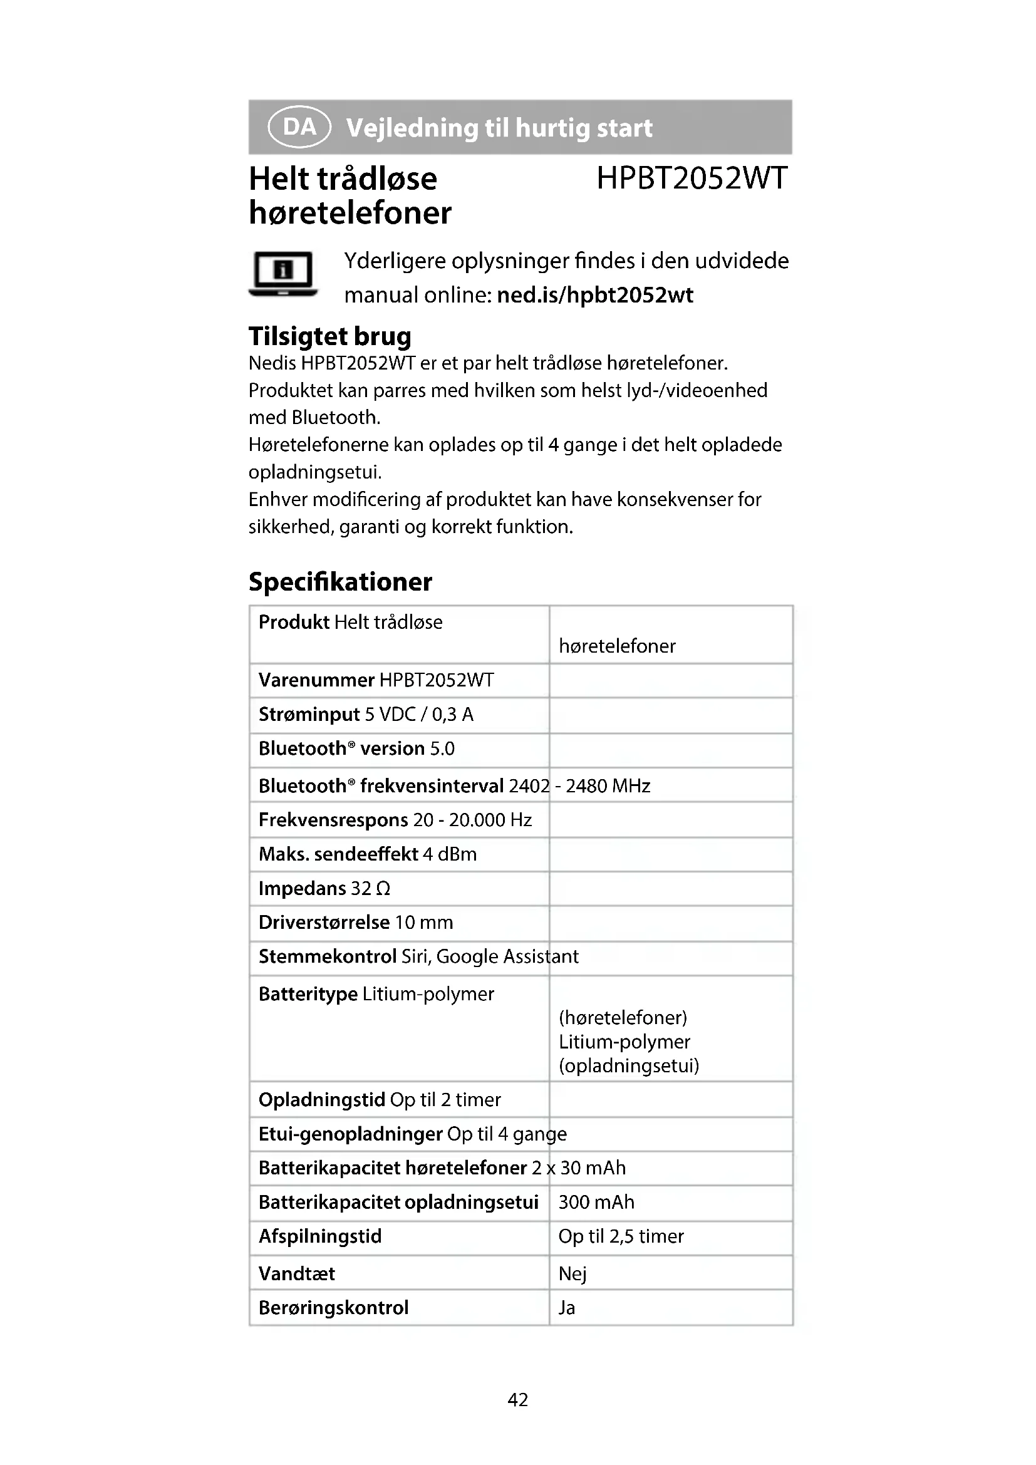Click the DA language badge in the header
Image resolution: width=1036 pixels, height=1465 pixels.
(x=299, y=127)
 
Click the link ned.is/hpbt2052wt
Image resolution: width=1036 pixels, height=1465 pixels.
(x=594, y=296)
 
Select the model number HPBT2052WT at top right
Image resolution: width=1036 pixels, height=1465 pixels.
(x=692, y=178)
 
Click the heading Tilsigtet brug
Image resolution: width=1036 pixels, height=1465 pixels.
(x=330, y=336)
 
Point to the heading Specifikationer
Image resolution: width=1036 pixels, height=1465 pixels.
(x=340, y=582)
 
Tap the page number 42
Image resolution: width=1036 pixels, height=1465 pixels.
(x=517, y=1400)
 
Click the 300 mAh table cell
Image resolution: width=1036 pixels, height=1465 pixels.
(x=596, y=1202)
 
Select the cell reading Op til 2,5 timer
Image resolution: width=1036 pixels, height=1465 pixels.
(x=621, y=1236)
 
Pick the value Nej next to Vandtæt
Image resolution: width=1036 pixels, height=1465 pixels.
(x=572, y=1273)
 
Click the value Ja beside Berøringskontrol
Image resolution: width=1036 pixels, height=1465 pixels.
(x=566, y=1307)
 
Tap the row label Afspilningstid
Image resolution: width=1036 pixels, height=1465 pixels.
(x=319, y=1236)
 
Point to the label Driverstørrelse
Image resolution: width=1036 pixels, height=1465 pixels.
(x=324, y=922)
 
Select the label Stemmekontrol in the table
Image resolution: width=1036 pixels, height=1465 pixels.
(x=327, y=956)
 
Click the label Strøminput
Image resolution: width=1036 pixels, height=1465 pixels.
(x=309, y=714)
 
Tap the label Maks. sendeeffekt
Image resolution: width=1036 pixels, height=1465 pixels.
(x=338, y=854)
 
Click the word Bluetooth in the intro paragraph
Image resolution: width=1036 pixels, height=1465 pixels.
(x=336, y=417)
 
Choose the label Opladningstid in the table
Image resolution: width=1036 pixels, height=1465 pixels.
(x=321, y=1099)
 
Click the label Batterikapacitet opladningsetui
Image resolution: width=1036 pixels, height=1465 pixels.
(x=398, y=1202)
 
